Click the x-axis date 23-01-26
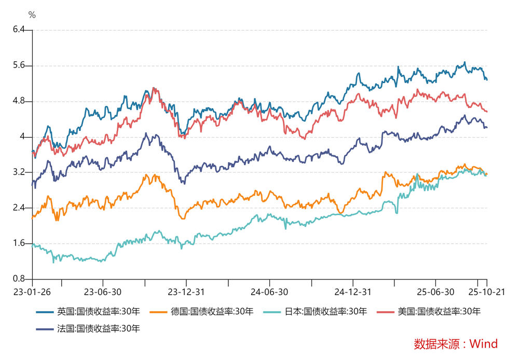[32, 292]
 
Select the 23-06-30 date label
[103, 292]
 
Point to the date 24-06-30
[269, 292]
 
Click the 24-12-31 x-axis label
[353, 292]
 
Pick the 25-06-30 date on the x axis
[435, 292]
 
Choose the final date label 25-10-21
[486, 292]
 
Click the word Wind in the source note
[484, 343]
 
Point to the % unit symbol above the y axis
[32, 15]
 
